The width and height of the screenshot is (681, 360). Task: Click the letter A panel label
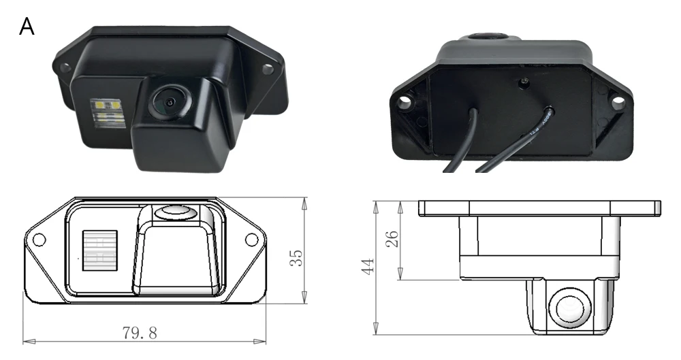pos(27,27)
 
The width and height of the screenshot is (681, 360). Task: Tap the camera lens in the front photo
pos(170,101)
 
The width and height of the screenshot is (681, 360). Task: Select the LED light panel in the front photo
pos(106,112)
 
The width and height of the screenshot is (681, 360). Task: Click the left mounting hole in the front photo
pos(65,68)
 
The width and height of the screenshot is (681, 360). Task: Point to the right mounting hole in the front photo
pos(268,69)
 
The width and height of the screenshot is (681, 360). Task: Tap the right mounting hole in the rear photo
pos(618,103)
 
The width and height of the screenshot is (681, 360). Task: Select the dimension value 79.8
pos(140,333)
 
